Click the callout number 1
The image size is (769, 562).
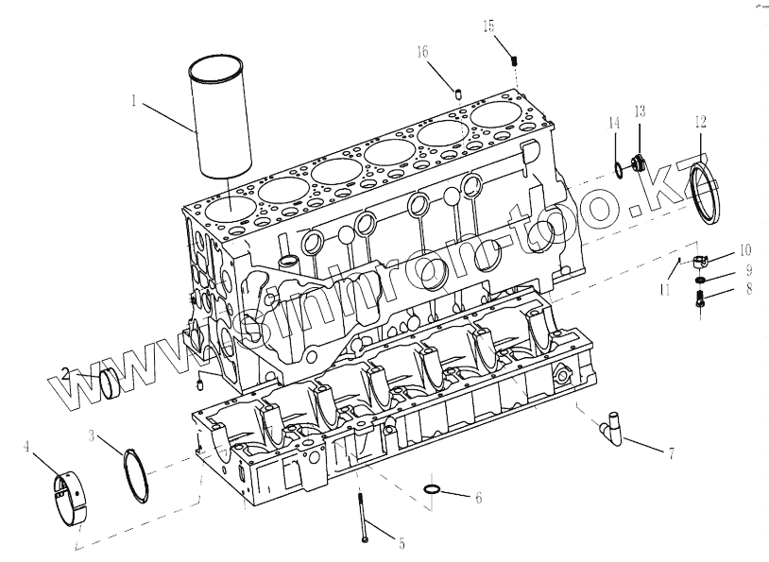coord(135,99)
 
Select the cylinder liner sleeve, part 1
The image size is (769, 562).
coord(222,118)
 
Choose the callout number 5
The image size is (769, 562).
coord(402,543)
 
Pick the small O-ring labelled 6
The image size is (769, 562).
coord(433,489)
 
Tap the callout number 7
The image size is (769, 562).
coord(672,454)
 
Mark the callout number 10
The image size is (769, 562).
coord(745,250)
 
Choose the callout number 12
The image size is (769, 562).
coord(700,121)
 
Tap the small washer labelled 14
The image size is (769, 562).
coord(617,169)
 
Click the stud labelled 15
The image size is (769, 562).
coord(516,60)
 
